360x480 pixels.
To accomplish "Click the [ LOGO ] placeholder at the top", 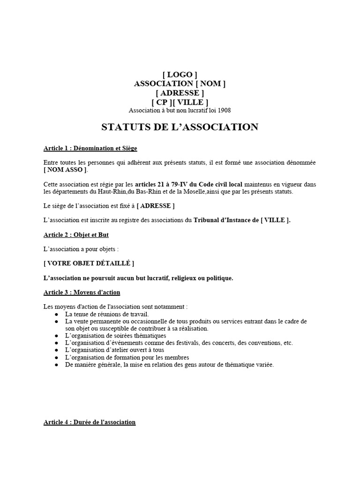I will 180,75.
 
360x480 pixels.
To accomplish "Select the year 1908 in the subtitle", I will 224,111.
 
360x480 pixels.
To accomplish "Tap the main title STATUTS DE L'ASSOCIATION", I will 180,127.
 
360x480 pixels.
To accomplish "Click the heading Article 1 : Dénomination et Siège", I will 90,149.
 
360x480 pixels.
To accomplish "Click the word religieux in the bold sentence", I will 185,278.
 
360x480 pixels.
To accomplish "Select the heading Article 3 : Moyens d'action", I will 82,292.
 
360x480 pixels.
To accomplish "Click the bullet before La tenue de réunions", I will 57,314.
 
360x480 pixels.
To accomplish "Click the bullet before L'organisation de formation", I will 57,358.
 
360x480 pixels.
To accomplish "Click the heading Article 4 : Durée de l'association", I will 90,422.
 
